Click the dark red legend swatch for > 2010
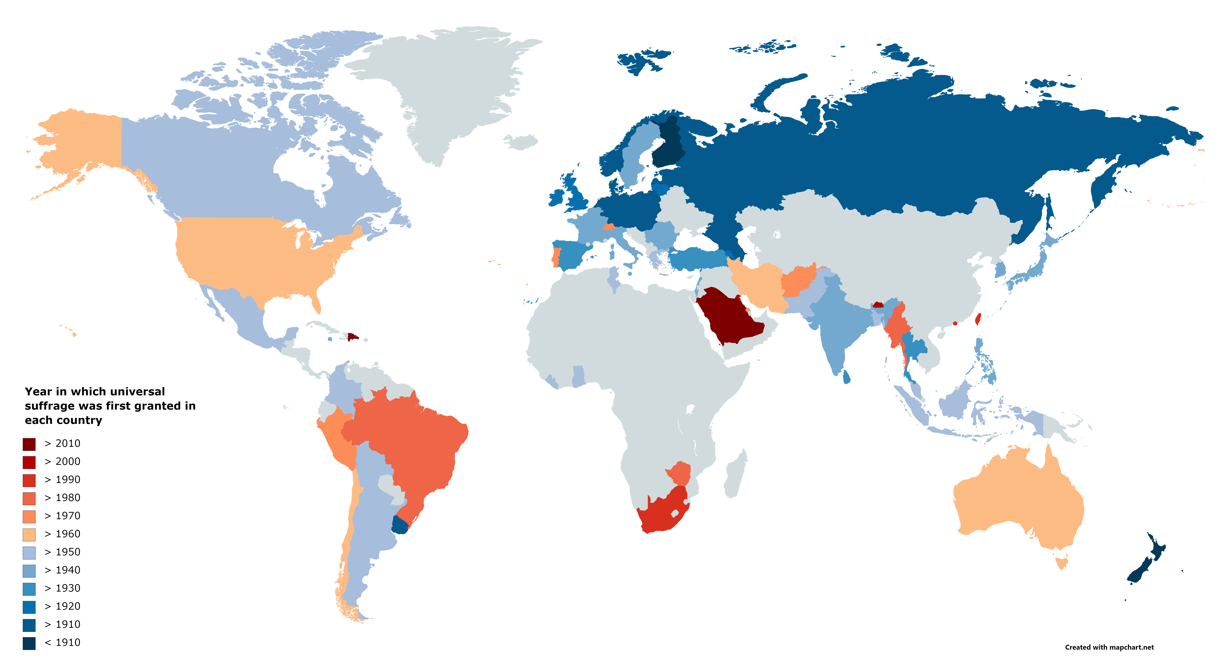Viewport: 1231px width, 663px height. coord(29,444)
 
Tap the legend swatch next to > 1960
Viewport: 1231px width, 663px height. coord(29,535)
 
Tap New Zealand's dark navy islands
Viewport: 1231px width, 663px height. coord(1144,569)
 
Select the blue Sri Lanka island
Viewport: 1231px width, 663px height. coord(846,377)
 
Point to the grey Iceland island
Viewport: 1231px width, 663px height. coord(521,141)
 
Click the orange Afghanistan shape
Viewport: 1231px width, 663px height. coord(798,281)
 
